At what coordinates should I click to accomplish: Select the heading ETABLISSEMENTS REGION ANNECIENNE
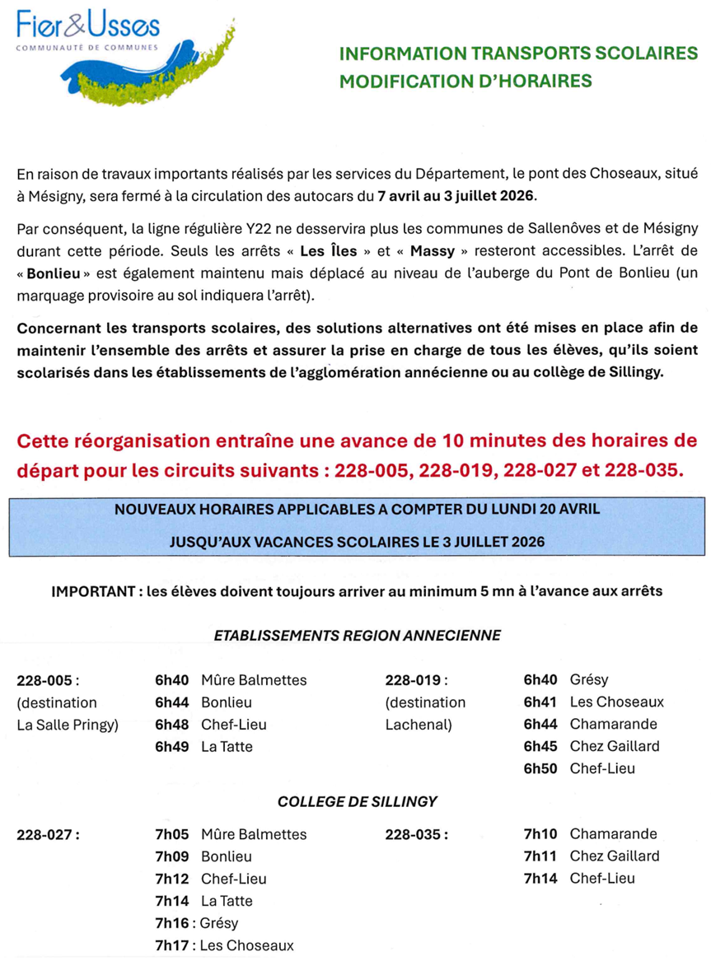358,636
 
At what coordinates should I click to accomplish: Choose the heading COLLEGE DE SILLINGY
358,801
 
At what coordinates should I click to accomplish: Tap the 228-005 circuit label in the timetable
48,681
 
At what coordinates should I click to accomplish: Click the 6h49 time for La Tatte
171,747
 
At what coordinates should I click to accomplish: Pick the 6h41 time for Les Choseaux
540,702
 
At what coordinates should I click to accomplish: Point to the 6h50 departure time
540,768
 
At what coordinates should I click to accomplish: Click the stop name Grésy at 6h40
589,680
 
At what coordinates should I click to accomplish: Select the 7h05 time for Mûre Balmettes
171,834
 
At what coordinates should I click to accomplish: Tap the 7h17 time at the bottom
171,945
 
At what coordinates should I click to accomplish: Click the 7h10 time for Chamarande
540,834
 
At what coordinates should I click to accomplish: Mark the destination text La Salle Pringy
68,725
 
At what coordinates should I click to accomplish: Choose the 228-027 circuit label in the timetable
48,835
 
